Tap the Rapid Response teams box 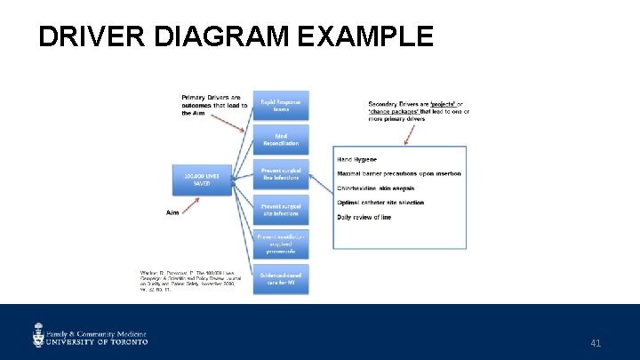pos(280,106)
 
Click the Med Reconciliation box pos(280,139)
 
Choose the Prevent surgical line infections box pos(280,174)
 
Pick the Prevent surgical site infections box pos(280,211)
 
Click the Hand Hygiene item pos(357,159)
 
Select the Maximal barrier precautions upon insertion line pos(399,173)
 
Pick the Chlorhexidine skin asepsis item pos(375,188)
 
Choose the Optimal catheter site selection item pos(380,203)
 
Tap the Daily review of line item pos(364,217)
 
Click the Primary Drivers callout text pos(214,105)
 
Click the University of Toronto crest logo pos(39,333)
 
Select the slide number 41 pos(596,342)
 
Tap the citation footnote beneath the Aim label pos(187,281)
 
